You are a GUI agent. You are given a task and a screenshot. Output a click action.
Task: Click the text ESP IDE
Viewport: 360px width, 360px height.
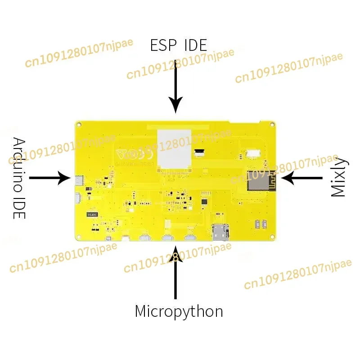pos(179,45)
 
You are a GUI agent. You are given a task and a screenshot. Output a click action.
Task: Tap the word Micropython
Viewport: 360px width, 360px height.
pos(179,311)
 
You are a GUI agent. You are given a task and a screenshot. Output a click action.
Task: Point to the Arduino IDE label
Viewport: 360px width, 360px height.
pos(19,178)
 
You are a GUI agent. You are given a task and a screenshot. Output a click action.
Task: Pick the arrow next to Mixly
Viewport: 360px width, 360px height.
pos(302,178)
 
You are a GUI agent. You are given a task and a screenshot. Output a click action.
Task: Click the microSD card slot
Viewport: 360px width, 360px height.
pos(220,231)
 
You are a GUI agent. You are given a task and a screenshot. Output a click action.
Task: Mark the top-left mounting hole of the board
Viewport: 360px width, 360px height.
pos(79,124)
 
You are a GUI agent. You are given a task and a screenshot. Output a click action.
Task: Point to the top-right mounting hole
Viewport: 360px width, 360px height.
pos(271,124)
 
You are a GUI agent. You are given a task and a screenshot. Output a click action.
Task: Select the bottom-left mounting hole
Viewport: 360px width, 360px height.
pos(78,237)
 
